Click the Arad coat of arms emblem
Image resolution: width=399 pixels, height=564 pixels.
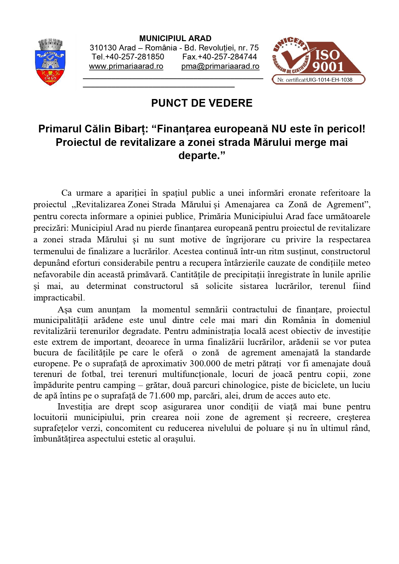(x=50, y=62)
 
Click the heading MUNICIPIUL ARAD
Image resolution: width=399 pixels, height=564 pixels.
(x=175, y=39)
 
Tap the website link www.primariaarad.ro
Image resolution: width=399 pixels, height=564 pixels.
(x=126, y=66)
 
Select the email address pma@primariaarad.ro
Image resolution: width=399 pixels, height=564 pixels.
(x=220, y=66)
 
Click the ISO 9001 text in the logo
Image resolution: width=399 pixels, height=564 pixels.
(x=328, y=61)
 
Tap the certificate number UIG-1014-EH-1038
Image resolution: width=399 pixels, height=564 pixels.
(x=329, y=80)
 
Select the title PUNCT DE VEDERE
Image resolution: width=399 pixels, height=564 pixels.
(x=202, y=103)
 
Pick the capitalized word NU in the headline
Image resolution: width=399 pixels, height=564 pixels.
(x=279, y=129)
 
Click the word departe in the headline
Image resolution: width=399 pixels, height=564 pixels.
(x=199, y=156)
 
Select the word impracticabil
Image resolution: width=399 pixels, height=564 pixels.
(x=58, y=298)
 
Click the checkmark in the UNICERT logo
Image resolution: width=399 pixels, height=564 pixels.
(x=297, y=58)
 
